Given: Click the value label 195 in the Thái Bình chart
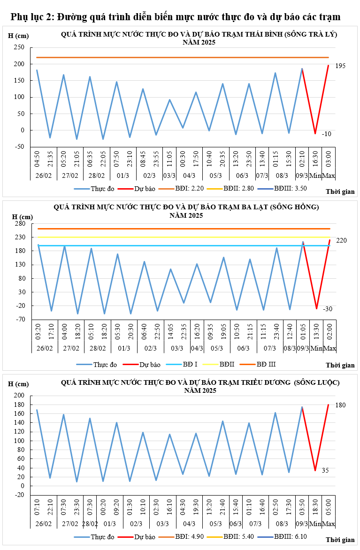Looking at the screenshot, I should [x=340, y=66].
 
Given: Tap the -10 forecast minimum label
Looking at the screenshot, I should [x=327, y=134].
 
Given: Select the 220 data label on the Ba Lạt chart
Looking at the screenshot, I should [x=341, y=240].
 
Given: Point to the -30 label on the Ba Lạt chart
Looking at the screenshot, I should [x=328, y=309].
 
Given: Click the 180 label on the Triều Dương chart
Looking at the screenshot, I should [x=340, y=405].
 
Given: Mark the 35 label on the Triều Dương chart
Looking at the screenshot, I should [x=325, y=470].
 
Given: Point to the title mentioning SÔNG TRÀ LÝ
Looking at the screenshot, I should [x=199, y=35].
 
